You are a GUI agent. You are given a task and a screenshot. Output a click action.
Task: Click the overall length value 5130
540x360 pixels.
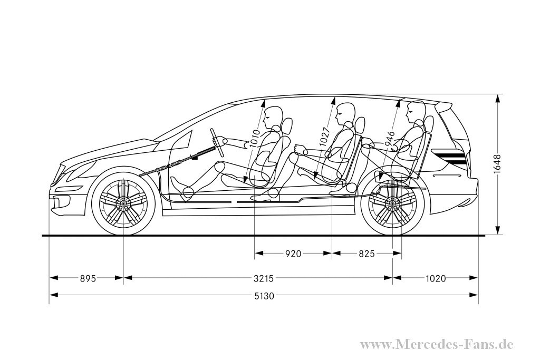[x=264, y=296]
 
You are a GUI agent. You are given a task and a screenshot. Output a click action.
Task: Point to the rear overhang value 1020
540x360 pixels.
[x=435, y=278]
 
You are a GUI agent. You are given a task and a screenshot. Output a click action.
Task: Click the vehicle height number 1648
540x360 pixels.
[x=497, y=165]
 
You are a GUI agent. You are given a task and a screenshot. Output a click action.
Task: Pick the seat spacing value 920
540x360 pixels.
[x=293, y=254]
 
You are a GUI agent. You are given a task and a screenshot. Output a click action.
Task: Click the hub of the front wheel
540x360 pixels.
[x=123, y=202]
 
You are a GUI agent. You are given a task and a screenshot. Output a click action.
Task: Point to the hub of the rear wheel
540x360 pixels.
[x=393, y=202]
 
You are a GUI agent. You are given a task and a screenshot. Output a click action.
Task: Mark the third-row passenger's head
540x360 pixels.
[x=415, y=111]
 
